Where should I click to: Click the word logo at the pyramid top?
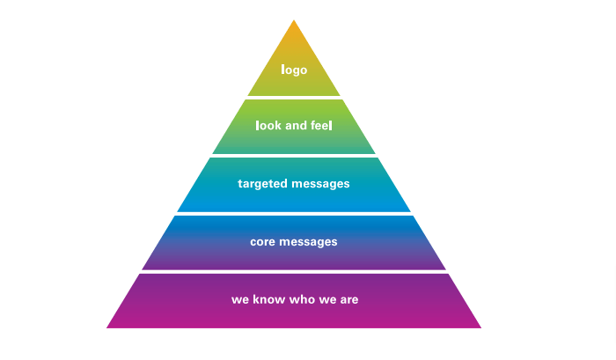coord(294,69)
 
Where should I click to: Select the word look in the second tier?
coord(268,126)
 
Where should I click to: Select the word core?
coord(263,241)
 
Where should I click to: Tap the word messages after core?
coord(309,241)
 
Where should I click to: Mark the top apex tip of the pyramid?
coord(294,19)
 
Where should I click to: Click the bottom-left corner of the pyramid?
coord(107,327)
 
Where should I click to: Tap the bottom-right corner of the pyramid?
coord(480,327)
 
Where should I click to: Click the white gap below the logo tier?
coord(294,98)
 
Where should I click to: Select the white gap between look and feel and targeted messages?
coord(294,156)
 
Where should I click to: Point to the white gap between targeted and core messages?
coord(294,214)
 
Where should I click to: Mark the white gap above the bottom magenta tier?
coord(294,271)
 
